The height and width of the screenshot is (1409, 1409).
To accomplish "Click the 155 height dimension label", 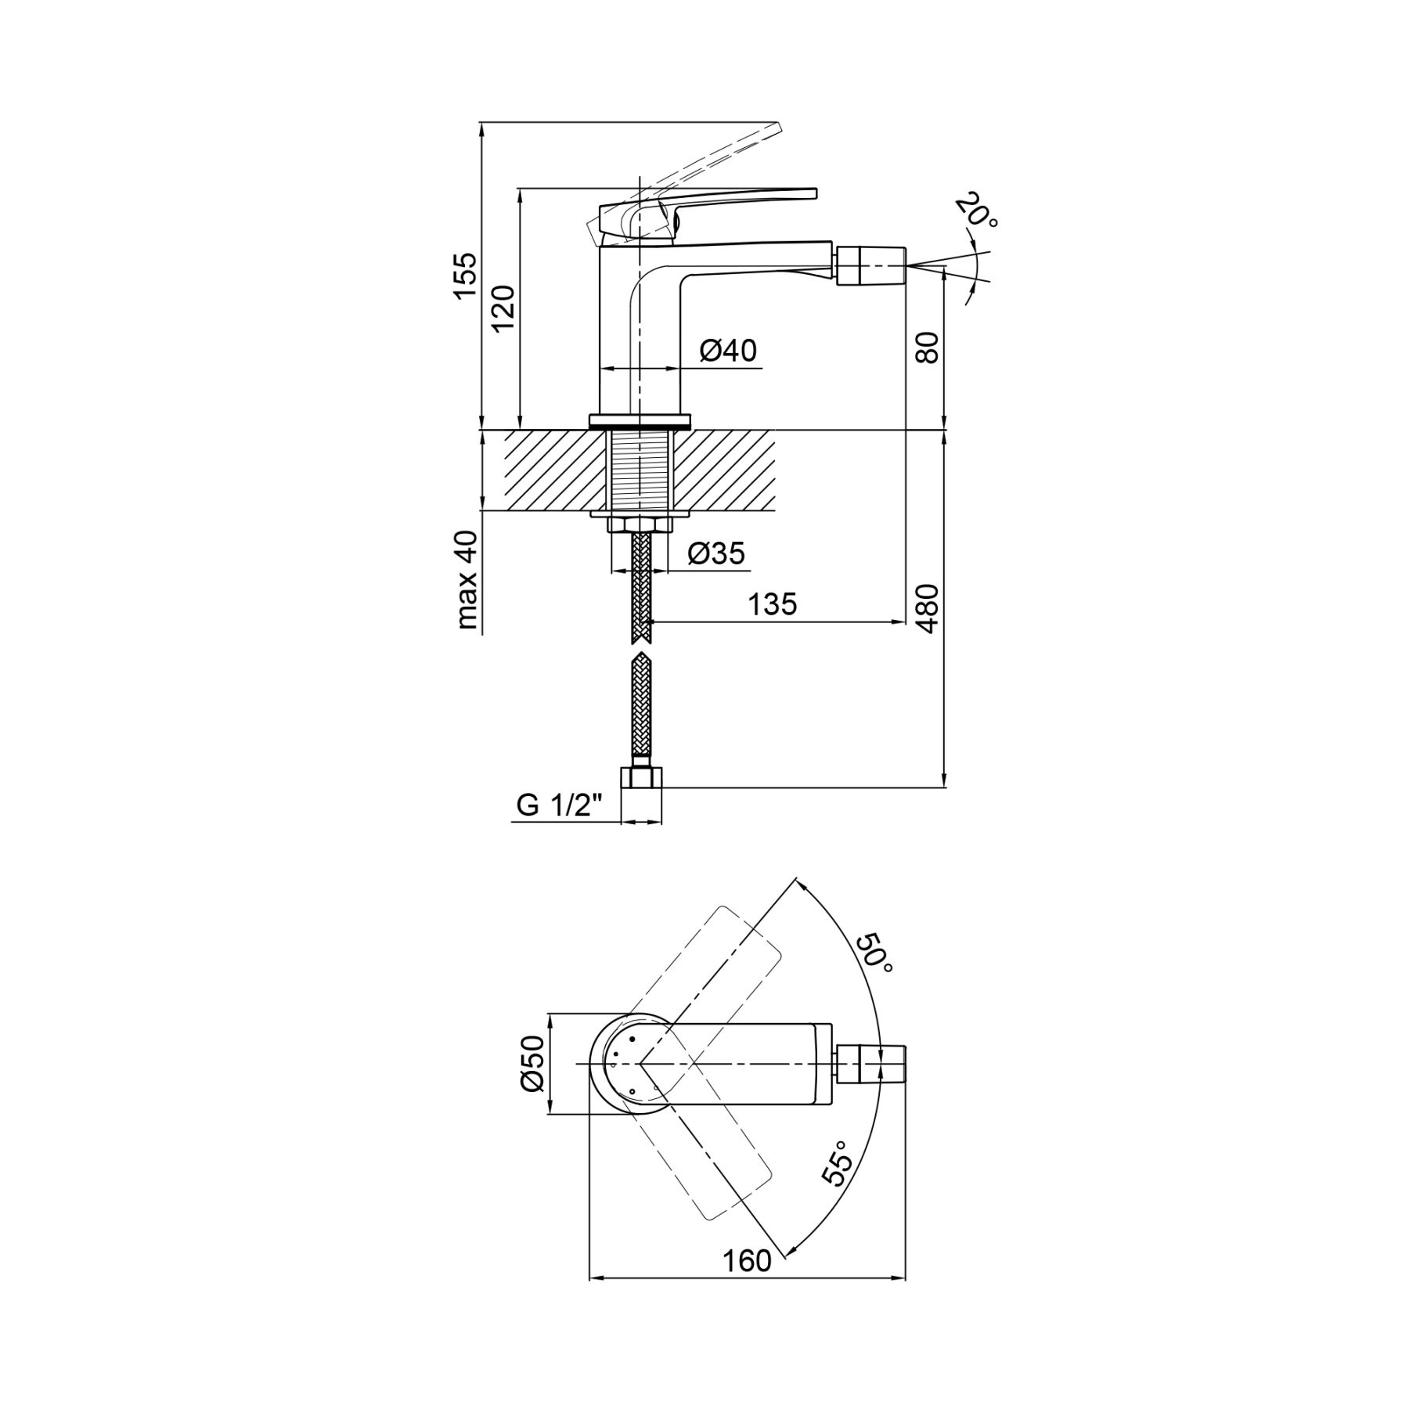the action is [464, 275].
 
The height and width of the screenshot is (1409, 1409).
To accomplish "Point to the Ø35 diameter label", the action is [717, 553].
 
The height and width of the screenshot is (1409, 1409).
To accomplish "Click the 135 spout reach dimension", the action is [773, 604].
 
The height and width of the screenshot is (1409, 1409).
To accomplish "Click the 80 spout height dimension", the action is [927, 347].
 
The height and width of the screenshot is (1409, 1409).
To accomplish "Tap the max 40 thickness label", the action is [466, 580].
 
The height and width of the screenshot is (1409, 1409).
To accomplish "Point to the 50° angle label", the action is [874, 953].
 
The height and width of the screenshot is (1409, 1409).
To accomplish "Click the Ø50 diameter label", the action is [532, 1063].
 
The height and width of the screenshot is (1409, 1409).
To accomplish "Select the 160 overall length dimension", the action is [746, 1261].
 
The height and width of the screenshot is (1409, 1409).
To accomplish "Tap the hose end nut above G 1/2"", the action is [641, 779].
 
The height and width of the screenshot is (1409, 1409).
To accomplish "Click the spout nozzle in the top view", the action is [871, 1064].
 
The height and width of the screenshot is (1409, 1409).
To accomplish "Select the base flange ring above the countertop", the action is [640, 420].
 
